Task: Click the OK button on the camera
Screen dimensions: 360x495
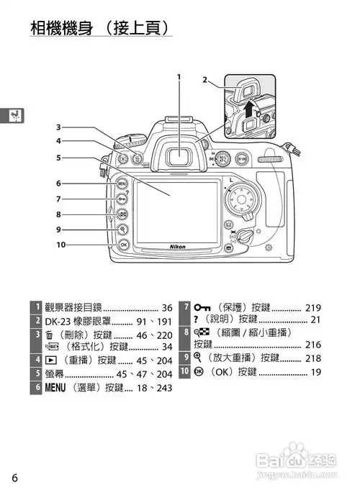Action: [123, 245]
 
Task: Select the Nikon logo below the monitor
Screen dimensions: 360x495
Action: [178, 247]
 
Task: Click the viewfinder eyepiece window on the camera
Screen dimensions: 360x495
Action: [179, 157]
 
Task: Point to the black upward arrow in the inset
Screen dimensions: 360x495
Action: [249, 109]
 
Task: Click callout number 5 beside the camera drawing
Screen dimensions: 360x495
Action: [58, 158]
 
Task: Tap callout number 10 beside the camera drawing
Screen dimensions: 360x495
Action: [60, 245]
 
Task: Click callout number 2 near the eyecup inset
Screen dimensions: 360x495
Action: [205, 80]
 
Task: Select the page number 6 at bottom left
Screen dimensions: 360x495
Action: [15, 478]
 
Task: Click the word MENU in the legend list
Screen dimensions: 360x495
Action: [55, 387]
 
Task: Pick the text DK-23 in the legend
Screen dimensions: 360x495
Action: [58, 322]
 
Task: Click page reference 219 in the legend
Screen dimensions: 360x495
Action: [313, 308]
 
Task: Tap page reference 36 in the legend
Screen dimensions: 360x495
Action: [167, 308]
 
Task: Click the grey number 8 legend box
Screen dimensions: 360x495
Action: [185, 338]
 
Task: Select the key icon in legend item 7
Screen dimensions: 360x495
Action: [202, 307]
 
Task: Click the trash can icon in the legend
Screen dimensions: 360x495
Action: [49, 335]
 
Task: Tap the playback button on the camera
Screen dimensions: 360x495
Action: [123, 158]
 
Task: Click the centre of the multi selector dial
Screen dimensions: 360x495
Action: [241, 199]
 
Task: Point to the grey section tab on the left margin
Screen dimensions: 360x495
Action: [12, 116]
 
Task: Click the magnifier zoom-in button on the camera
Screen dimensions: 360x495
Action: [122, 230]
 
